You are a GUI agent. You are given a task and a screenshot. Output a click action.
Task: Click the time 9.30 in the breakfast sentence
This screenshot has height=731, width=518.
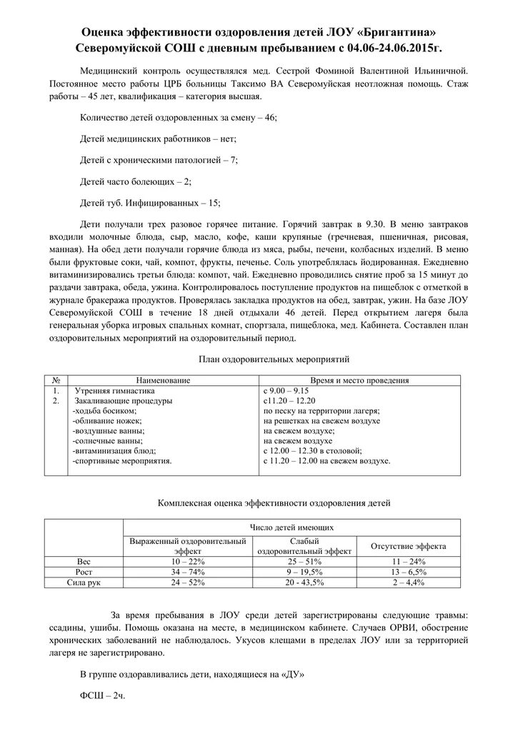(376, 224)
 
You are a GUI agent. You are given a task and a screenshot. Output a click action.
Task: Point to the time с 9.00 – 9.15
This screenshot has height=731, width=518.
(286, 391)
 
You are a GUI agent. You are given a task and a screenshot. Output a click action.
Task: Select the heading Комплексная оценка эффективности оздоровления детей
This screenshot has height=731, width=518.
(274, 503)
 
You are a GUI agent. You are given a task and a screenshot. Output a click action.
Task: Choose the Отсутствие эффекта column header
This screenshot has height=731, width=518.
(409, 546)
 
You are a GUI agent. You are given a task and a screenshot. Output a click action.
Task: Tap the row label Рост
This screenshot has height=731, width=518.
(84, 573)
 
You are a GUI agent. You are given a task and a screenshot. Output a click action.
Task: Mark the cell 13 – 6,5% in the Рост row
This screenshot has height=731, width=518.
(409, 573)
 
